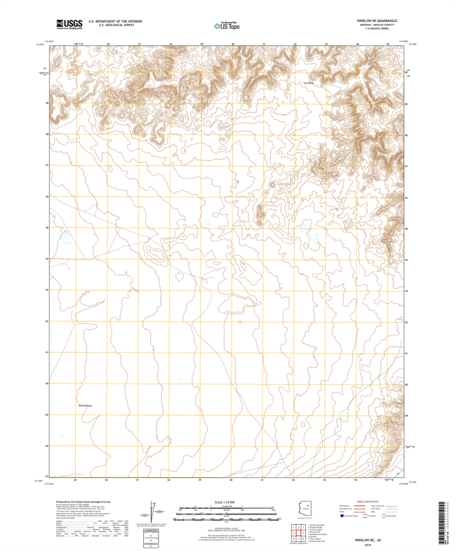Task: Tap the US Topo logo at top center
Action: tap(227, 26)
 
